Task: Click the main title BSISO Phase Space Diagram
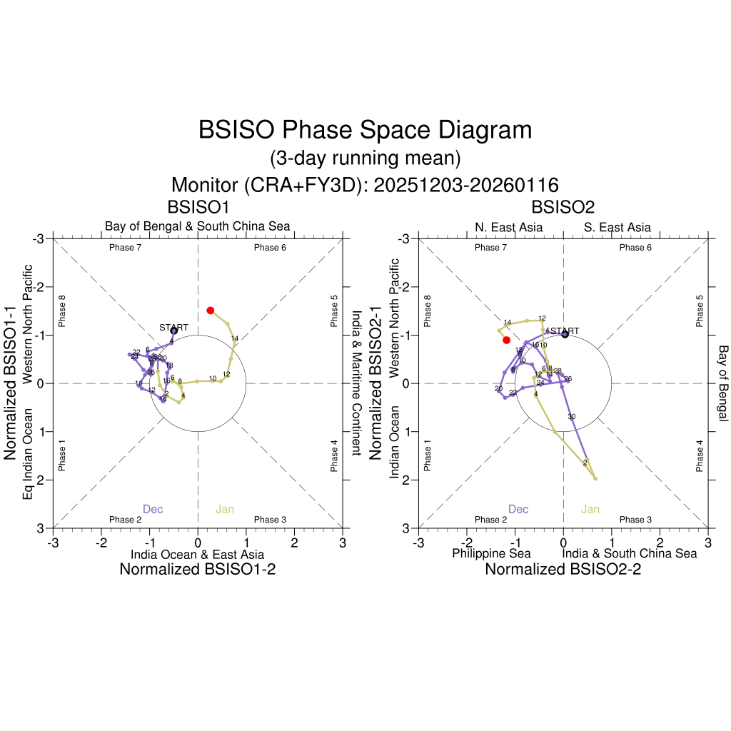click(x=365, y=130)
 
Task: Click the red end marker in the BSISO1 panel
click(x=211, y=310)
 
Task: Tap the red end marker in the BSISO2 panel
click(x=507, y=340)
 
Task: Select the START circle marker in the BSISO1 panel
click(x=174, y=331)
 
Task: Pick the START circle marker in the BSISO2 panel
click(x=565, y=334)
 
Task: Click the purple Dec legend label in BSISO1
click(x=153, y=509)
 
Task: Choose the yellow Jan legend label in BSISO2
click(x=590, y=509)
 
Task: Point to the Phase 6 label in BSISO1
click(x=270, y=248)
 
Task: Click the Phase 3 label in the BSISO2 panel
click(x=635, y=520)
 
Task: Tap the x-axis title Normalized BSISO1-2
click(x=197, y=569)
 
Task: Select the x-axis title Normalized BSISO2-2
click(x=563, y=569)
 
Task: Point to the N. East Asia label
click(x=508, y=228)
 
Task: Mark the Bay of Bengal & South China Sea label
click(x=198, y=226)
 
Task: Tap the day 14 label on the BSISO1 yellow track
click(x=234, y=338)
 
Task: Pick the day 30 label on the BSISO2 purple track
click(x=571, y=416)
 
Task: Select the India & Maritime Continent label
click(x=356, y=383)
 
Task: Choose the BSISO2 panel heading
click(x=563, y=207)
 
